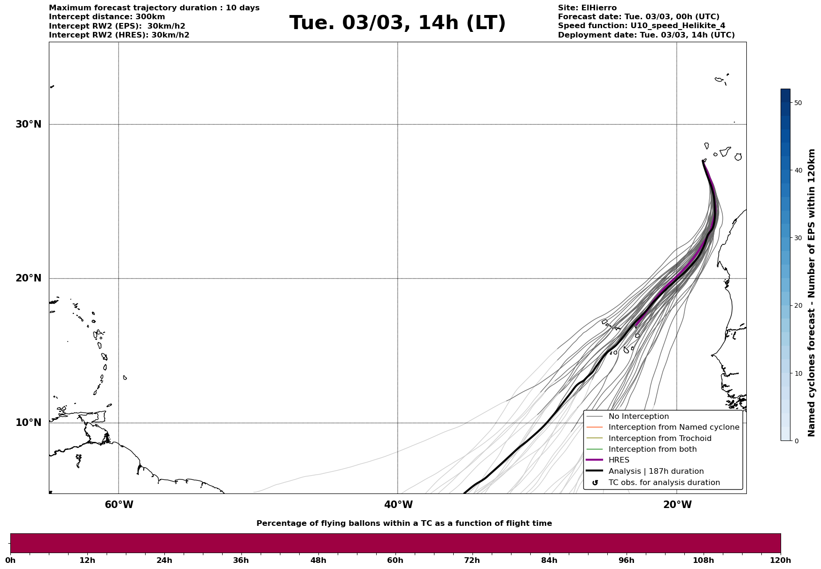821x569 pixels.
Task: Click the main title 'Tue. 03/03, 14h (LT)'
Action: [x=397, y=23]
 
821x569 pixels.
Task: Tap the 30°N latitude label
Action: [x=29, y=124]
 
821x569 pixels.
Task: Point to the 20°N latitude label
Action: [x=29, y=278]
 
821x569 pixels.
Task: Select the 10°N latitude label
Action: [x=29, y=423]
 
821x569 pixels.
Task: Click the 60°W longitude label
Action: [x=119, y=505]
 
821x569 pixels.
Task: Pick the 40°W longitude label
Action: [x=398, y=505]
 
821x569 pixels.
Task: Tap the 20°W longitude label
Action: [x=677, y=505]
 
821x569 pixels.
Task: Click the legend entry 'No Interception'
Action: [x=638, y=417]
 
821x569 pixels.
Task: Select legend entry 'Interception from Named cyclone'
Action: [x=674, y=427]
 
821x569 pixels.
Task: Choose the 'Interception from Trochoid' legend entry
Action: [x=659, y=439]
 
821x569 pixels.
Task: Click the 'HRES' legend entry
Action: [x=619, y=460]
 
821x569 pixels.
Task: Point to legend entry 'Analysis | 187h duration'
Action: [x=656, y=471]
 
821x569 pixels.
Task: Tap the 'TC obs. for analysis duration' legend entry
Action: [x=664, y=483]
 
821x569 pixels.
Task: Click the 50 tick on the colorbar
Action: [x=798, y=103]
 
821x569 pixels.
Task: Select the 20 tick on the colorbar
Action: [x=798, y=305]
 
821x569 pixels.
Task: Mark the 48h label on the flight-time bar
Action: [x=318, y=560]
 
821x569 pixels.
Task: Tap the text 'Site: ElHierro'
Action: [x=587, y=8]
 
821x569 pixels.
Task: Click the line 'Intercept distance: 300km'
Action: [x=107, y=17]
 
